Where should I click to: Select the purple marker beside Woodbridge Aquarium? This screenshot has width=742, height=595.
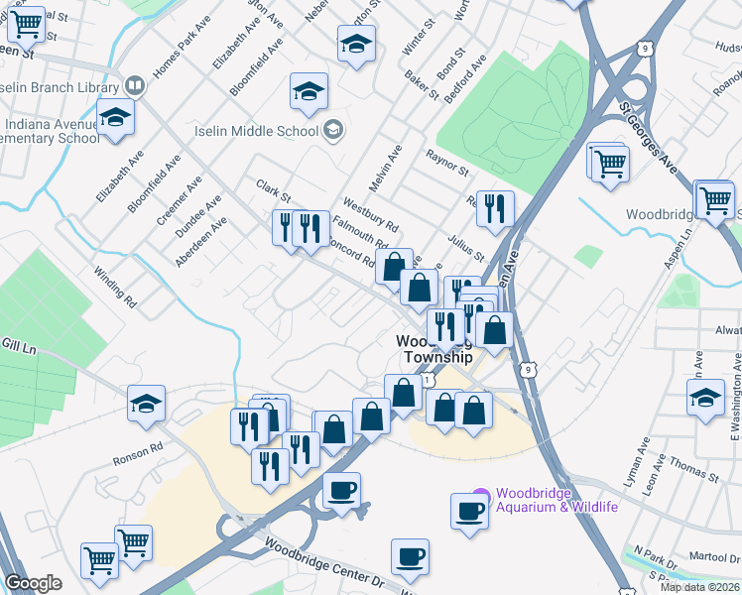point(481,495)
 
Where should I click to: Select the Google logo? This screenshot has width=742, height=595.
point(33,583)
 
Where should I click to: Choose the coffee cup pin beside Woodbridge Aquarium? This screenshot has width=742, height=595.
point(469,511)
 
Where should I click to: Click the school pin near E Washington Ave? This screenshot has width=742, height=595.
point(705,399)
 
